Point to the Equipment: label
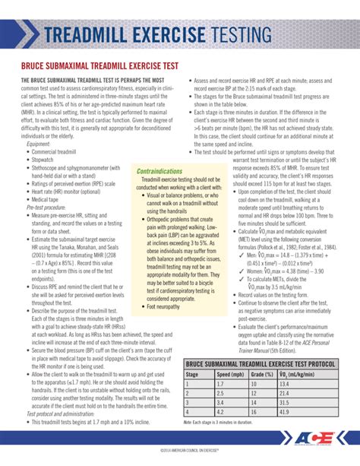pos(39,143)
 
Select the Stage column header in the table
pos(196,374)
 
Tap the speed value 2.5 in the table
pos(220,393)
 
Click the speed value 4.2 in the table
pos(220,411)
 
